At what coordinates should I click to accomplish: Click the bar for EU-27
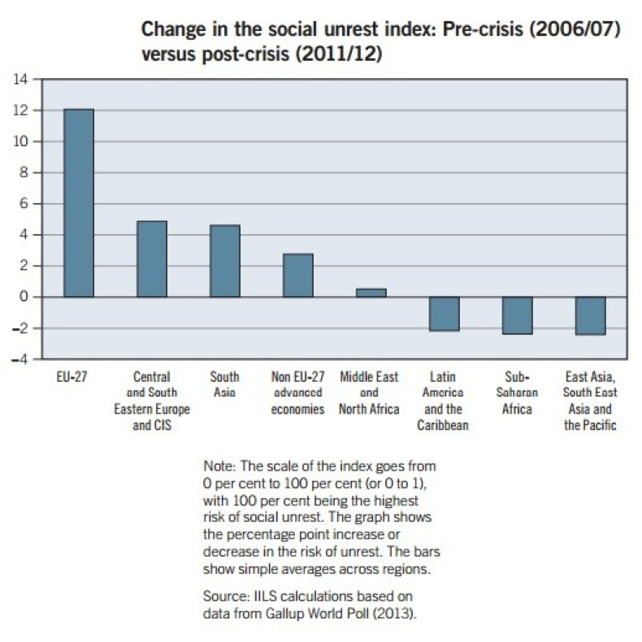coord(79,203)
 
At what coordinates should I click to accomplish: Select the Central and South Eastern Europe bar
coord(152,258)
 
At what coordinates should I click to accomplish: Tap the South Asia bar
coord(225,261)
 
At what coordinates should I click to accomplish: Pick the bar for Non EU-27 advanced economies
coord(297,275)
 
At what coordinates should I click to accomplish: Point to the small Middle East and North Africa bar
coord(371,293)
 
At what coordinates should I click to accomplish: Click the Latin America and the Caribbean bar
coord(445,314)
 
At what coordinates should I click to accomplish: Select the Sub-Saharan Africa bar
coord(517,315)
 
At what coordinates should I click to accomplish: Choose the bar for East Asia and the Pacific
coord(590,315)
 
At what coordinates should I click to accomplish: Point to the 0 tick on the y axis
coord(24,297)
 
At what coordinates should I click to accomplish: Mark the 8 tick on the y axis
coord(24,173)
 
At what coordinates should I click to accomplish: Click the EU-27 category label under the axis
coord(69,378)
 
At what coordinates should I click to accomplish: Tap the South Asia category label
coord(225,385)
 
